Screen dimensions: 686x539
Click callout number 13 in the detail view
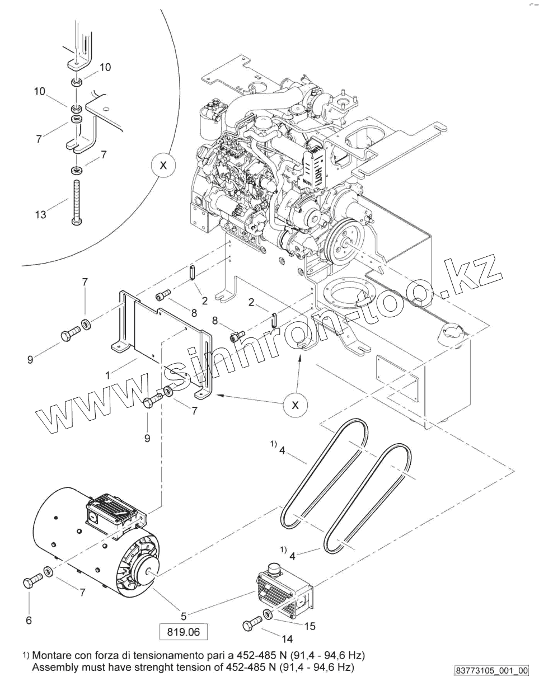tap(41, 214)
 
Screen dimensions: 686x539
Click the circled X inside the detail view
tap(163, 166)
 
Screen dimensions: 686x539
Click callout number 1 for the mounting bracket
tap(108, 374)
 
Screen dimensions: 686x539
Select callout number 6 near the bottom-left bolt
tap(29, 619)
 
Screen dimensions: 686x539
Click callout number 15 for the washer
tap(310, 626)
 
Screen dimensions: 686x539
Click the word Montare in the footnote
tap(51, 655)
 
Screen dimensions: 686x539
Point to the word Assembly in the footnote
tap(54, 668)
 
